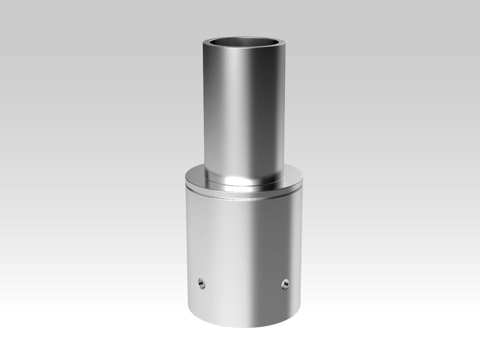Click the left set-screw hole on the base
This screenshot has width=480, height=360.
click(x=200, y=284)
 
